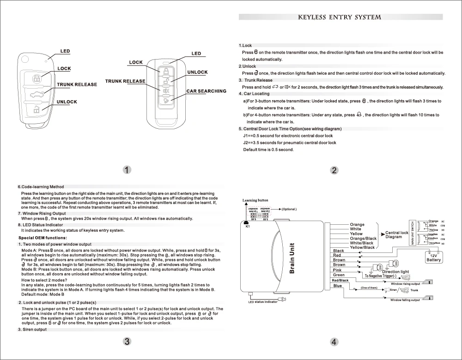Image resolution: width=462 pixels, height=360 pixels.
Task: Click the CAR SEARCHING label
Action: click(206, 91)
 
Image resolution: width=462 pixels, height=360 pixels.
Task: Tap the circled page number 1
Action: click(128, 169)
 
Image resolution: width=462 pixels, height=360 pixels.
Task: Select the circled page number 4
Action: click(334, 342)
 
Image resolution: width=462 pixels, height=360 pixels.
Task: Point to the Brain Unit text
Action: click(292, 258)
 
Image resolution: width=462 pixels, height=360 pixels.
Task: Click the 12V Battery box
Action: click(434, 258)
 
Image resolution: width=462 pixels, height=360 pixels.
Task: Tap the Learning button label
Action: click(255, 200)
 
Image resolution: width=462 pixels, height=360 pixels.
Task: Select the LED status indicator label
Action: click(263, 302)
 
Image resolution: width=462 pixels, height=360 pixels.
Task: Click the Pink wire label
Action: click(337, 270)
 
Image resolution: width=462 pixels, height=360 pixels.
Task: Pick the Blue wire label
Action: click(337, 286)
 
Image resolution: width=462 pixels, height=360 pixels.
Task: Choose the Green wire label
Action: click(339, 275)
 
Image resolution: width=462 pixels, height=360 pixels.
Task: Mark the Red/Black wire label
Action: click(340, 281)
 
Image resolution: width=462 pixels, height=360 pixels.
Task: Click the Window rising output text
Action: click(405, 284)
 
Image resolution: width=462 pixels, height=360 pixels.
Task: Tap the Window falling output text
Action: click(405, 300)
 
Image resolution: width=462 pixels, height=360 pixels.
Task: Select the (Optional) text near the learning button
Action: click(289, 209)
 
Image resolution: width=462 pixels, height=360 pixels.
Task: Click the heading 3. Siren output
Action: click(32, 330)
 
